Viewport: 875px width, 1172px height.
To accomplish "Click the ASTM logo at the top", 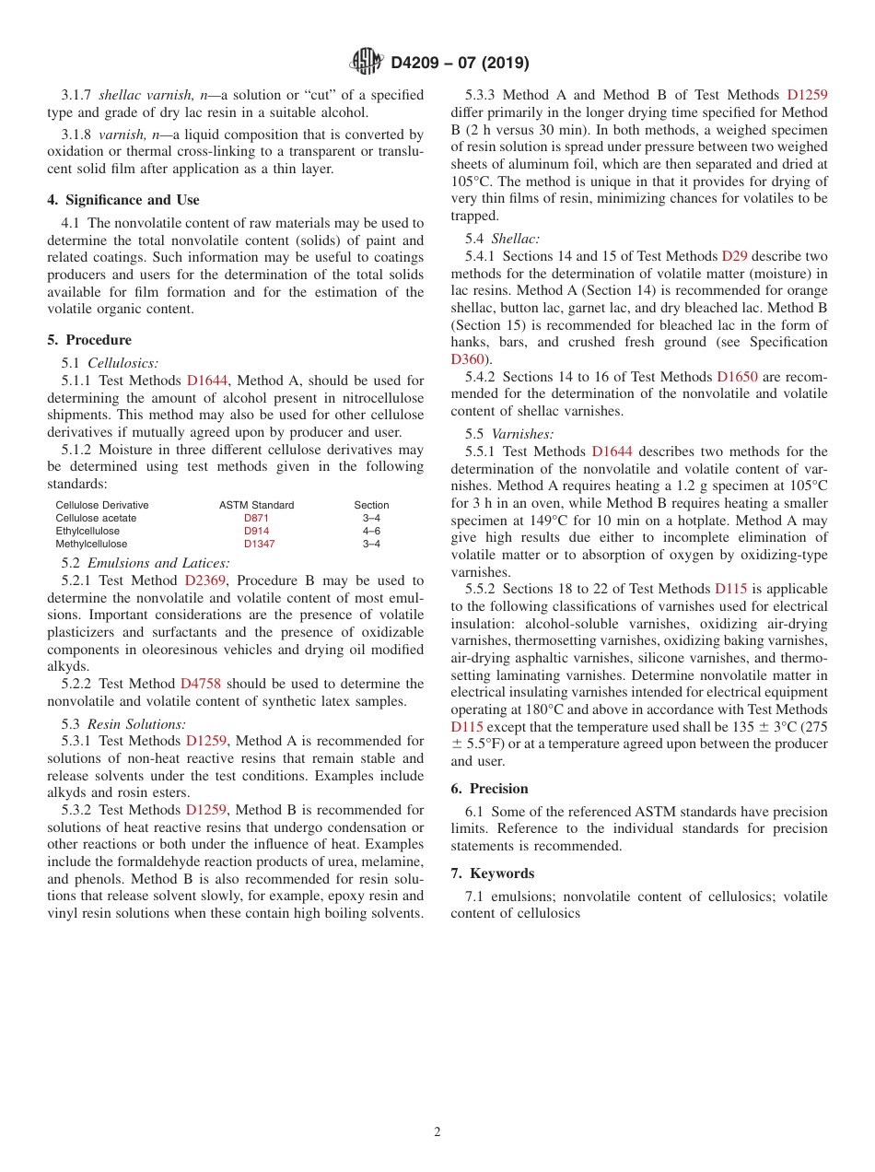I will [367, 63].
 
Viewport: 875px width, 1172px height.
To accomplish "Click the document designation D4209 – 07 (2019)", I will [460, 63].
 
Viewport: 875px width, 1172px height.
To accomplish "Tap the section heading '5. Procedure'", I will [89, 340].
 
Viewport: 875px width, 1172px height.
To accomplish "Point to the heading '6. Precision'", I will [489, 789].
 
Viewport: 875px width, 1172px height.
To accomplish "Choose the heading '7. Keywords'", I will [492, 873].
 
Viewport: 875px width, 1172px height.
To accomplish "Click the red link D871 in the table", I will [256, 518].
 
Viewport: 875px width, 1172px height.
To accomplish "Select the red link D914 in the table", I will [256, 531].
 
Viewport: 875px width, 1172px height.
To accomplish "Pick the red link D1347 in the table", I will [259, 544].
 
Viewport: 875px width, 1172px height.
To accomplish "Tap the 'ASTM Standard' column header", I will [256, 505].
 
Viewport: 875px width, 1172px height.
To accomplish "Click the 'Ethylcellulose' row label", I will [87, 531].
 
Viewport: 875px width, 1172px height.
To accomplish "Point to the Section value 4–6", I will [371, 531].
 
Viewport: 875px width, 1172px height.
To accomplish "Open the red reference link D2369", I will [204, 581].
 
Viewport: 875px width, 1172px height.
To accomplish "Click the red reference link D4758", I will [200, 684].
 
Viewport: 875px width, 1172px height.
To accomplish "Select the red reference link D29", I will [734, 256].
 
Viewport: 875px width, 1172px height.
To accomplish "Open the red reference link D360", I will [467, 359].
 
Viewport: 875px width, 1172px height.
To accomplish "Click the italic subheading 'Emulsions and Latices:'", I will [158, 563].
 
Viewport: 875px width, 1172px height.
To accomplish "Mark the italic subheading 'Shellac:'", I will [516, 239].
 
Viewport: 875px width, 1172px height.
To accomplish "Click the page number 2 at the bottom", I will [437, 1132].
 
